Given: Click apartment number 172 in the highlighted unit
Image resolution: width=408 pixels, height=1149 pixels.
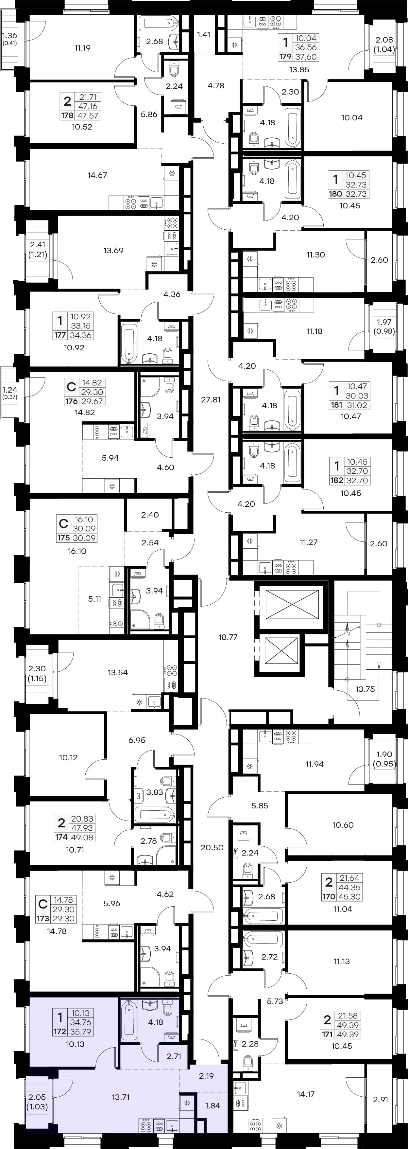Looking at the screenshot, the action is coord(60,1032).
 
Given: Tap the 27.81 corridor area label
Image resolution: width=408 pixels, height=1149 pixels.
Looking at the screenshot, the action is coord(211,400).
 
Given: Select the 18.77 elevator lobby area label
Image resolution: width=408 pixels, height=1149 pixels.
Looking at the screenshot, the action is coord(228,637).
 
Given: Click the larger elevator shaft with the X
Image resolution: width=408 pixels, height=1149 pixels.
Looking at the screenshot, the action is coord(293,604).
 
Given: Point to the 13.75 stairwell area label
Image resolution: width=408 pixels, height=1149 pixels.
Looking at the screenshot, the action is coord(365,689).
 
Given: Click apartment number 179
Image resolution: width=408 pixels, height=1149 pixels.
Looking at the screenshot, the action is coord(285,57).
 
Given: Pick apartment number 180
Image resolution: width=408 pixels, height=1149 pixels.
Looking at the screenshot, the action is coord(335,194).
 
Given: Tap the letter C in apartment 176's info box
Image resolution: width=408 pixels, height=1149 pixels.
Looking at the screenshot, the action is coord(71,386).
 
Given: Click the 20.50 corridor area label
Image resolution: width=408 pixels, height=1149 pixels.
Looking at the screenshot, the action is coord(212,847).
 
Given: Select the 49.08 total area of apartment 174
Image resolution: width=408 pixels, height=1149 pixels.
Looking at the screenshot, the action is coord(82,837).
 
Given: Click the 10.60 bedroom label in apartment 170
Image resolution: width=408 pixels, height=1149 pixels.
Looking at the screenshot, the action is coord(343,825).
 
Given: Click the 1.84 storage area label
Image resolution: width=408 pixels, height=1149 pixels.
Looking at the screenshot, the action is coord(213,1106).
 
